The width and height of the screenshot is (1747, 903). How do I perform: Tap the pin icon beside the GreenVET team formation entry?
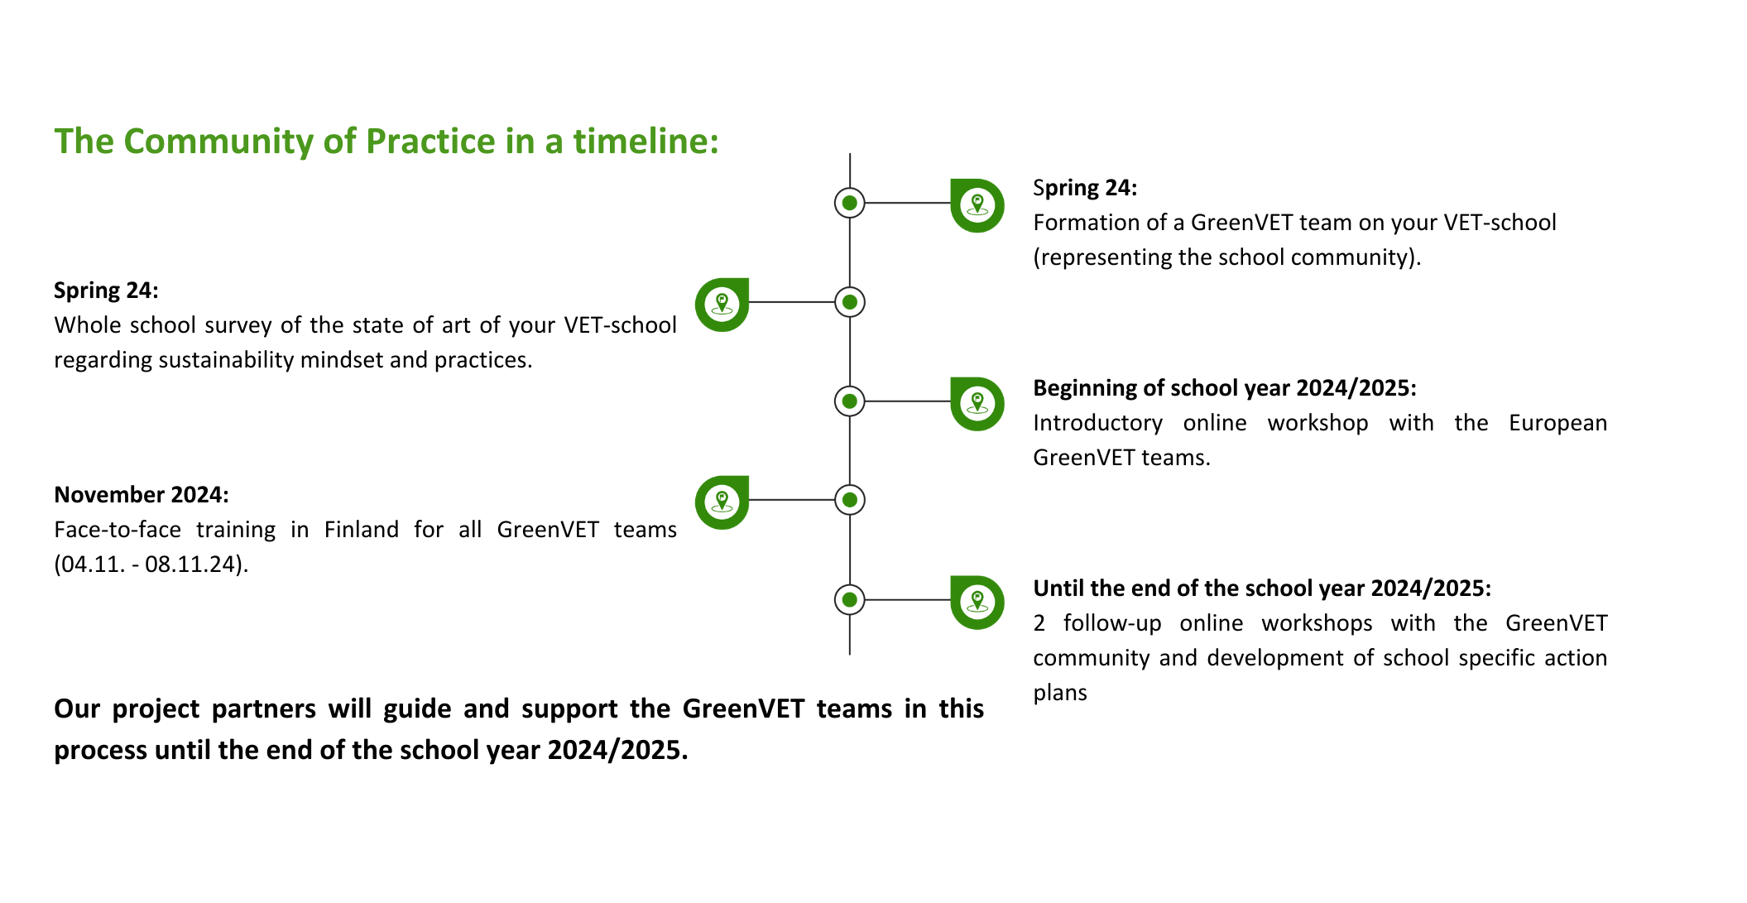point(977,205)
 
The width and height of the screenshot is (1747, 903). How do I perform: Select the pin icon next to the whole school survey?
point(722,305)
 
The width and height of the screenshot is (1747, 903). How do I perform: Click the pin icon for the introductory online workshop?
point(977,404)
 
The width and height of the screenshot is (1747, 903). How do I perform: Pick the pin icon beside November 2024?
point(722,502)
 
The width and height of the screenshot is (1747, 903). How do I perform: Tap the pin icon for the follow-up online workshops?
point(977,603)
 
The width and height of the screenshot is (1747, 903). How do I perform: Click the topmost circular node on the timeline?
point(849,203)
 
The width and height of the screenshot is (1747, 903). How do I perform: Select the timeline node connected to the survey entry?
point(849,302)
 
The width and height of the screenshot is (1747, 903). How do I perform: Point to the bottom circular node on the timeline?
point(849,599)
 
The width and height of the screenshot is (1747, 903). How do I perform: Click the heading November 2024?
point(142,495)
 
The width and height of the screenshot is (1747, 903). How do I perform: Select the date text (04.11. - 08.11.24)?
point(151,564)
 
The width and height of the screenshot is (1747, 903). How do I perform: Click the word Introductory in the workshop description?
point(1098,423)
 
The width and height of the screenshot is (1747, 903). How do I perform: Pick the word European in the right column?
point(1557,423)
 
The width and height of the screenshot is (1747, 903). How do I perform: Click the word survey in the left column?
point(238,325)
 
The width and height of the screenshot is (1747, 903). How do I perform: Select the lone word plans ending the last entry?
point(1060,694)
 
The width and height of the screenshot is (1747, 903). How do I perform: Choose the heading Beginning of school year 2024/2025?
point(1225,388)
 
